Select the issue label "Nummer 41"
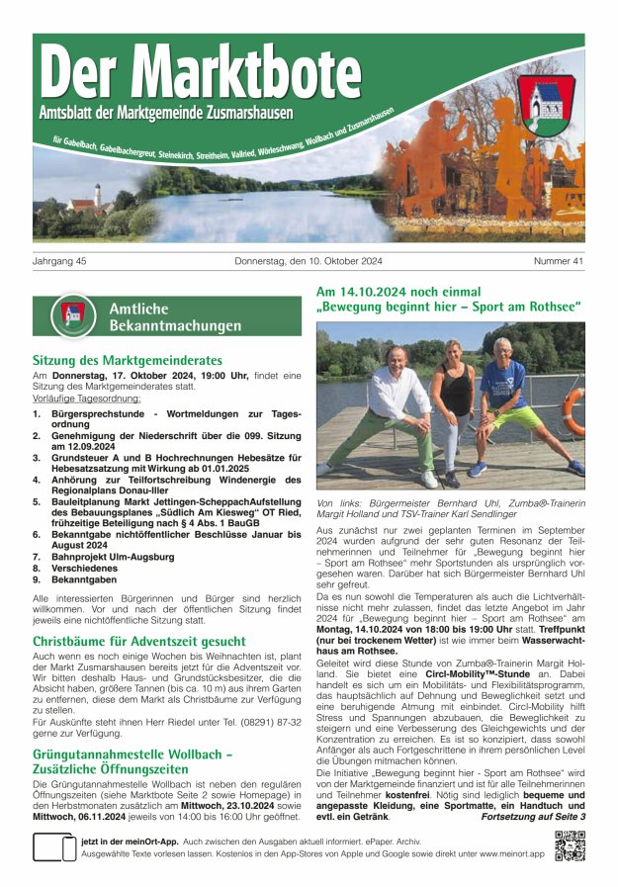559,261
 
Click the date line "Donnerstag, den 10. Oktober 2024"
309,261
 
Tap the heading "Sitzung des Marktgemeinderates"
128,361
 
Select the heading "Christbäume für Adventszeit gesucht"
139,641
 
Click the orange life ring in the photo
573,410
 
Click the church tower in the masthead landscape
97,194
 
